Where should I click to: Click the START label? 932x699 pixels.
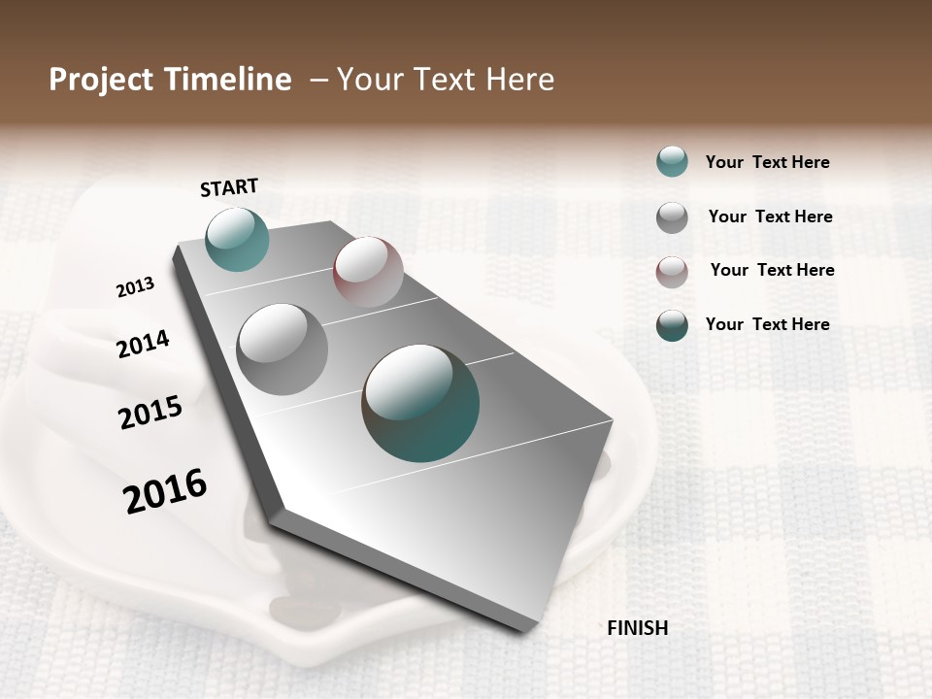(229, 187)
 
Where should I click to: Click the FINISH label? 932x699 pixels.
(637, 628)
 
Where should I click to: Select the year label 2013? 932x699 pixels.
(135, 287)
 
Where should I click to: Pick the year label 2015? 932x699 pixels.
(150, 413)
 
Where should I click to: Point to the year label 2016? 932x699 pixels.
(165, 491)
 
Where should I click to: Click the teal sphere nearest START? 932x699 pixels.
(237, 239)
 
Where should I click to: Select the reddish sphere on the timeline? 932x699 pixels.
(368, 272)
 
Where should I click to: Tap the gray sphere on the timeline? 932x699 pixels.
(282, 349)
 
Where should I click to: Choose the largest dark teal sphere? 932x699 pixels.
(420, 403)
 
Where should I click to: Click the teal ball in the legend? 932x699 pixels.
(672, 162)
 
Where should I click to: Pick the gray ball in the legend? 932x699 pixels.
(672, 217)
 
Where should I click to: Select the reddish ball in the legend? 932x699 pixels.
(672, 272)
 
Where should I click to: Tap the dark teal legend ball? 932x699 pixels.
(672, 325)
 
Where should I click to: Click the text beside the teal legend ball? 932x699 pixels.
(767, 163)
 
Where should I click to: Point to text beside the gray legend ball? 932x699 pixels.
(770, 216)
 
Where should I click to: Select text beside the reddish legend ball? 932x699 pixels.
(772, 270)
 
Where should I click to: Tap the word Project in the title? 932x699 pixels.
(100, 80)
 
